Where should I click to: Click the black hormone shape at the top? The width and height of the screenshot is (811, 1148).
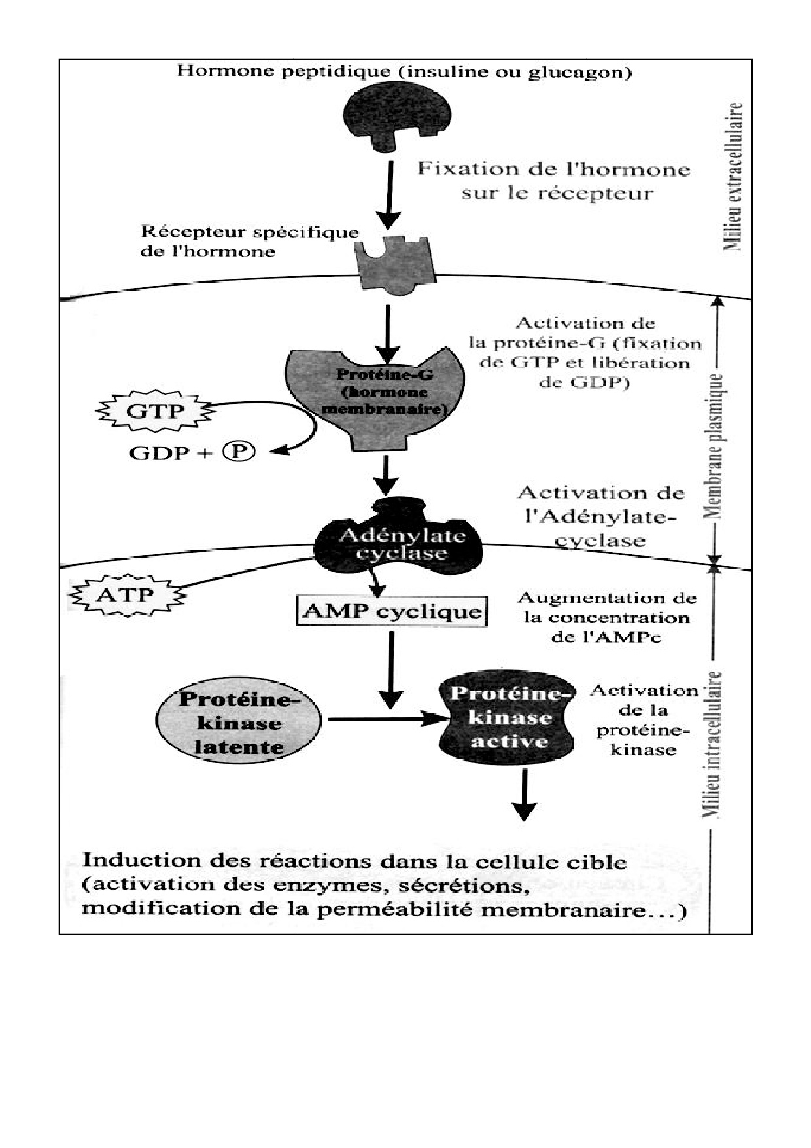pos(398,113)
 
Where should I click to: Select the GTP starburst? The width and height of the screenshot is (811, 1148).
pos(155,412)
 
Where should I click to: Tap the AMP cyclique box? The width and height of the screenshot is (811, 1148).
pos(392,611)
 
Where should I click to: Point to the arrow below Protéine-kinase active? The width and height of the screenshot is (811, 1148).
pos(523,794)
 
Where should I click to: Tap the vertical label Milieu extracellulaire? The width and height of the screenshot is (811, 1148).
pos(734,177)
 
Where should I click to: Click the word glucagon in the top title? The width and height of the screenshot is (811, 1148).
pos(583,71)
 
